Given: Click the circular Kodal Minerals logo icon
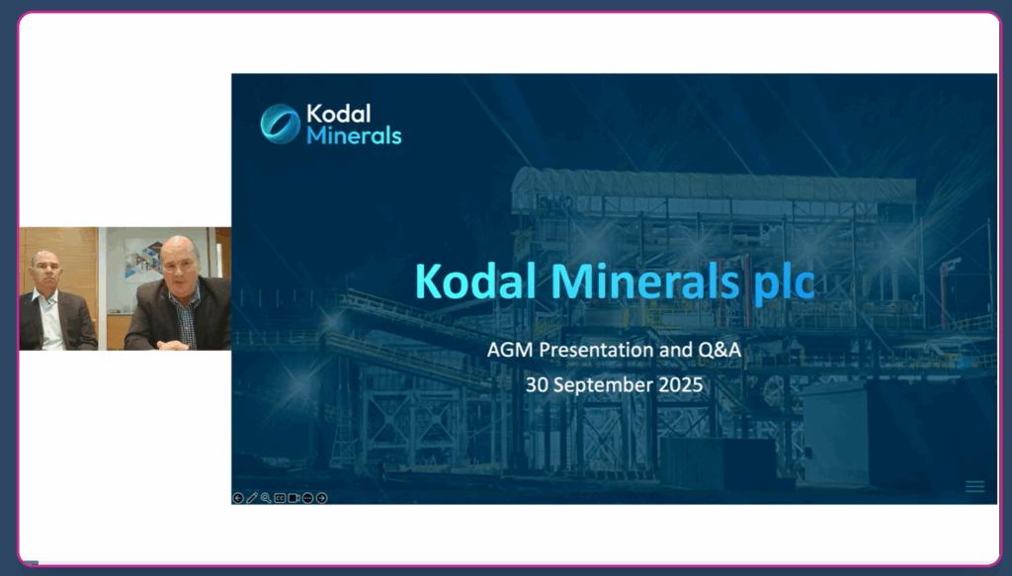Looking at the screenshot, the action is (280, 123).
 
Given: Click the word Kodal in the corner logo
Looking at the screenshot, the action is (339, 114).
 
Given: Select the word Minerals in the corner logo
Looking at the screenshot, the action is (355, 135).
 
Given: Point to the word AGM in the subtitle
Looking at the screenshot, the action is (510, 350).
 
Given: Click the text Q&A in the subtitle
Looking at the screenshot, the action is (719, 350).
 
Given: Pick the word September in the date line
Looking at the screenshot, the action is (603, 385).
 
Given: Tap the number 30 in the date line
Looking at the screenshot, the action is (537, 384).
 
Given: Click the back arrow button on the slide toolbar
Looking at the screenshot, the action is (238, 498).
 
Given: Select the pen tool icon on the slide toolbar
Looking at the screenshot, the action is (252, 498).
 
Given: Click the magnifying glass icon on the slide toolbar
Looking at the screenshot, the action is (266, 498).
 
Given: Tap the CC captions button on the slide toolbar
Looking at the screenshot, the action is (280, 498).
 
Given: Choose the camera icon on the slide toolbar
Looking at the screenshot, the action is (294, 498).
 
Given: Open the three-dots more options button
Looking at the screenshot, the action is (308, 498).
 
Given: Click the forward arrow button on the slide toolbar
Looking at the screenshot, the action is (321, 498).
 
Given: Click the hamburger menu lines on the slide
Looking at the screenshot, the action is (974, 487).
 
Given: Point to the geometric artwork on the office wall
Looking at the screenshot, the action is (144, 261).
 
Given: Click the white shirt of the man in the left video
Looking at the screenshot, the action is (51, 320).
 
